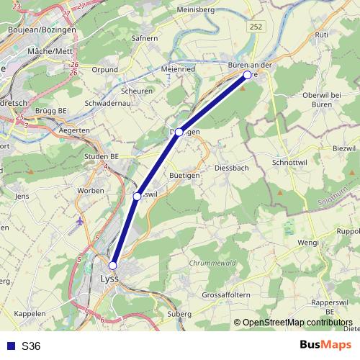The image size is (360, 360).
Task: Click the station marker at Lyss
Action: (112, 265)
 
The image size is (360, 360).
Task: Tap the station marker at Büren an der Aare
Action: (247, 75)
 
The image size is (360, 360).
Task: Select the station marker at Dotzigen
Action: (179, 132)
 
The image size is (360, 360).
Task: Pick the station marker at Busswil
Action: (137, 196)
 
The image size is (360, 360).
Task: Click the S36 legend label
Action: (31, 346)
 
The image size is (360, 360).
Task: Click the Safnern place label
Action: (145, 38)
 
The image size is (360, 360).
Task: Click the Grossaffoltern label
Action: (228, 295)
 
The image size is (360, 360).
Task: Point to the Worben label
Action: (91, 189)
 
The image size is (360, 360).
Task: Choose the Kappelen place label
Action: (30, 314)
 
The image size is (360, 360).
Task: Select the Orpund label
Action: (104, 70)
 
